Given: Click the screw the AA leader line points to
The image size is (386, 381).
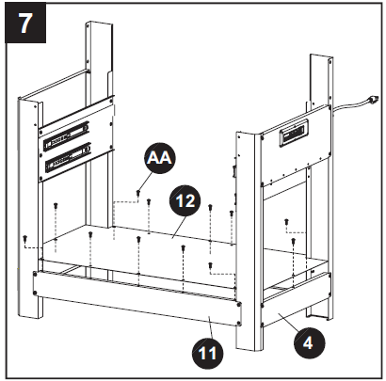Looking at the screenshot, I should tap(137, 194).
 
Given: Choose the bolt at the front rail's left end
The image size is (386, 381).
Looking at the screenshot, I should tap(38, 291).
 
